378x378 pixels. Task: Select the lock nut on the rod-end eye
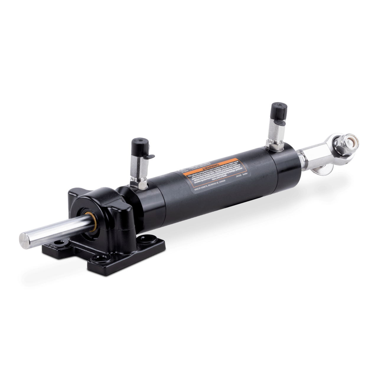[344, 145]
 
